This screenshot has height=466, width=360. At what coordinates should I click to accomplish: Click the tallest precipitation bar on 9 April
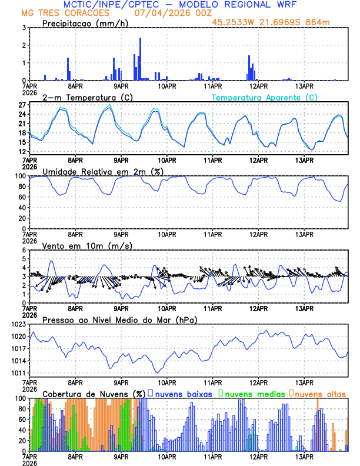pyautogui.click(x=140, y=59)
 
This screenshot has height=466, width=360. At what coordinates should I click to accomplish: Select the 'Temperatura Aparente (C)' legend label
pyautogui.click(x=264, y=97)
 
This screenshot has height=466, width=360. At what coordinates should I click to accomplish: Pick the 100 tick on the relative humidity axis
pyautogui.click(x=19, y=176)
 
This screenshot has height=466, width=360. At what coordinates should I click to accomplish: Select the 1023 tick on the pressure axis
pyautogui.click(x=18, y=324)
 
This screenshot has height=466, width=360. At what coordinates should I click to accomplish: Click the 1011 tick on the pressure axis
pyautogui.click(x=18, y=373)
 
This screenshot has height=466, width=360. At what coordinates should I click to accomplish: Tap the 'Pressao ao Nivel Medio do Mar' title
pyautogui.click(x=120, y=319)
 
